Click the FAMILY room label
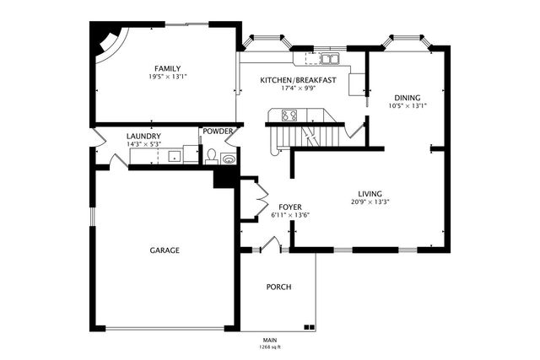(x=167, y=68)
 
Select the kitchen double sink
(x=328, y=59)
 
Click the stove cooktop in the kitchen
(x=289, y=116)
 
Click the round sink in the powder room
(x=228, y=158)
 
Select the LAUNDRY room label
(x=143, y=136)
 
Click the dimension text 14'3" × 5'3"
(x=143, y=144)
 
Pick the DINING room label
(x=408, y=98)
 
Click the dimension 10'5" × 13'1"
(x=408, y=106)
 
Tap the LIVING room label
(x=370, y=193)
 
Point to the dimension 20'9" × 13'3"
(x=370, y=201)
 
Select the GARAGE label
(x=165, y=250)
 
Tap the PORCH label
(x=278, y=287)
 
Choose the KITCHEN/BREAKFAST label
(x=299, y=80)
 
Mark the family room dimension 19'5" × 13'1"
(x=167, y=77)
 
